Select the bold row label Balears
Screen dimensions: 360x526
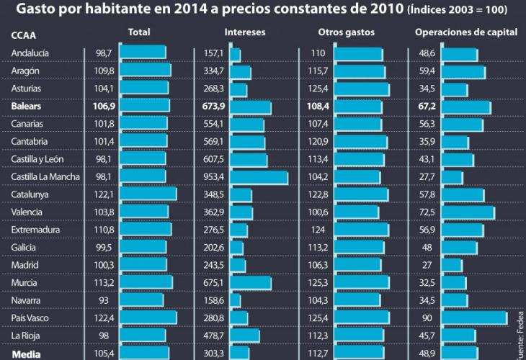point(27,107)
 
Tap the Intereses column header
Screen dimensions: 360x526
point(245,33)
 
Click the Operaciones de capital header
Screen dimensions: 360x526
point(465,33)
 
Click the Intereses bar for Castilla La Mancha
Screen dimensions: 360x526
point(259,177)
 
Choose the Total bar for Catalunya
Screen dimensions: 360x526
point(148,194)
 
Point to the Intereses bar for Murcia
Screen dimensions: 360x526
point(250,283)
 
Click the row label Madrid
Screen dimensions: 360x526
point(25,266)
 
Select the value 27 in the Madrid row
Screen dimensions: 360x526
point(427,266)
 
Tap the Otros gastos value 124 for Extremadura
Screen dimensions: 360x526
point(318,230)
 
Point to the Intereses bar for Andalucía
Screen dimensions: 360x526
point(235,54)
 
